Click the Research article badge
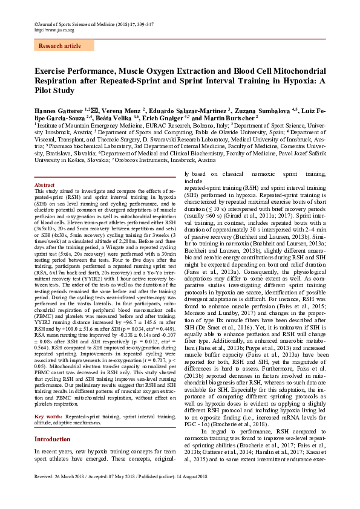coord(59,45)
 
